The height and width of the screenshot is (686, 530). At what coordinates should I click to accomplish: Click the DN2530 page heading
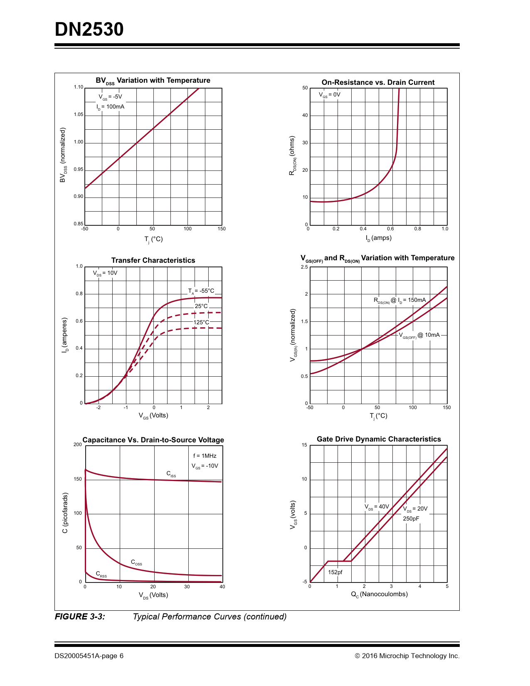click(89, 30)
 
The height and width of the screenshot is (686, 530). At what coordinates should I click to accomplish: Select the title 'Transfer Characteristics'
click(153, 260)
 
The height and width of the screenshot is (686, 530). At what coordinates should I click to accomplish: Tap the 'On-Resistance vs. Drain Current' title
click(378, 82)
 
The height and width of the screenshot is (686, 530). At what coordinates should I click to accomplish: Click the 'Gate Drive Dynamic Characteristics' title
click(379, 439)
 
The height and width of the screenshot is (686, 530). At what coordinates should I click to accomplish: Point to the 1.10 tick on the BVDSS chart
click(79, 87)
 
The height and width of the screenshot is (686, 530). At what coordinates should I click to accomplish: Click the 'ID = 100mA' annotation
click(111, 107)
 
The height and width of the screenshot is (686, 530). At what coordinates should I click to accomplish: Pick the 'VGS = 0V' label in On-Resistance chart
click(330, 95)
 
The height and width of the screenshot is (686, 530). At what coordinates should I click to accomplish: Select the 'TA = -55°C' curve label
click(201, 291)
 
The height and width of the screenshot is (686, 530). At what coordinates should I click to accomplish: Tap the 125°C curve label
click(201, 322)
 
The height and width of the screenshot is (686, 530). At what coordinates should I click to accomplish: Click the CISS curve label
click(171, 474)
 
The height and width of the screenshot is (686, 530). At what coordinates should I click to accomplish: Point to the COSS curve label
click(136, 563)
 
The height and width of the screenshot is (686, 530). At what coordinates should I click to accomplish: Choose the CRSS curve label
click(101, 574)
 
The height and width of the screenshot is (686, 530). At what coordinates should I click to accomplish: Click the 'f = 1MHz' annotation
click(205, 456)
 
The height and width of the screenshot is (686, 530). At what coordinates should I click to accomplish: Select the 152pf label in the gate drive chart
click(335, 572)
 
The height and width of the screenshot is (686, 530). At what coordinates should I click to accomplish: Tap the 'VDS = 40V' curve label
click(377, 507)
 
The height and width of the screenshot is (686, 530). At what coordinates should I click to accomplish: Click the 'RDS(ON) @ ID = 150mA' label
click(399, 300)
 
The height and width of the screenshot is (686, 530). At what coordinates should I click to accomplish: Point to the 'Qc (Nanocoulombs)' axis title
click(379, 594)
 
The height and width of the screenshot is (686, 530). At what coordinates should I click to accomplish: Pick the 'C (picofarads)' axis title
click(65, 513)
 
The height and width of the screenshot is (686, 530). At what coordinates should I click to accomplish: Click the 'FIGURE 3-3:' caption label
click(80, 617)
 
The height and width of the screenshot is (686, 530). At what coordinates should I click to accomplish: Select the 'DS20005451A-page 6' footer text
click(89, 656)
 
